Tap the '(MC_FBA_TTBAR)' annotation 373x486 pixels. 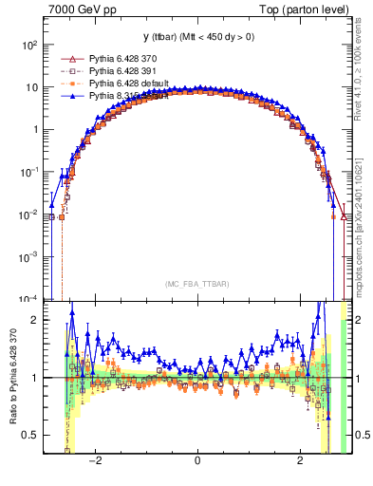[196, 285]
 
